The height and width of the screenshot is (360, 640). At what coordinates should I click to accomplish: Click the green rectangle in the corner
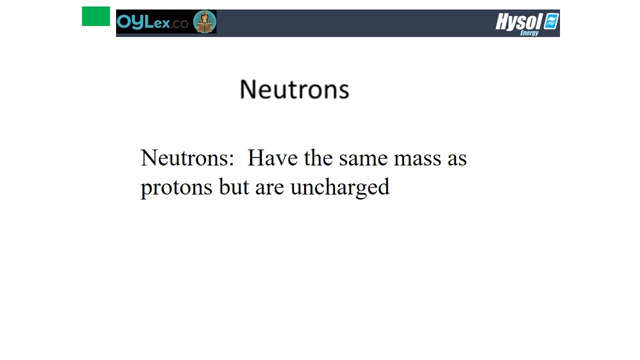click(x=96, y=16)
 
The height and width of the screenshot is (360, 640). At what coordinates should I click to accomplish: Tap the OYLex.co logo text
click(x=152, y=21)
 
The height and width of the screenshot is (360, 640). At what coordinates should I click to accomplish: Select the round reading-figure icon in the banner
click(x=204, y=21)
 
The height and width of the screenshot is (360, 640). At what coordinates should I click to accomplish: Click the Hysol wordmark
click(x=518, y=21)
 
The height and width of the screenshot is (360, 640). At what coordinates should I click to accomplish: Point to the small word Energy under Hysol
click(x=529, y=33)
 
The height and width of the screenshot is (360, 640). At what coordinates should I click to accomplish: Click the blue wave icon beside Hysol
click(x=551, y=21)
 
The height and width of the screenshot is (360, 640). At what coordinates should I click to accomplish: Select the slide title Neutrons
click(x=294, y=89)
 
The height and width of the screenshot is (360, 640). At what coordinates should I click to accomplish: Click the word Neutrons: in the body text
click(x=187, y=157)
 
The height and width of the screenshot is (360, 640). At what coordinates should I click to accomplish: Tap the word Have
click(x=272, y=157)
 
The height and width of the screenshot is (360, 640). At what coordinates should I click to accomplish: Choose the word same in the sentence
click(x=363, y=159)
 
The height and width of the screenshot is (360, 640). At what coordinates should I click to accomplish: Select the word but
click(x=234, y=186)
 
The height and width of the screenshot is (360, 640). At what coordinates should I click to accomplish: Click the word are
click(x=269, y=188)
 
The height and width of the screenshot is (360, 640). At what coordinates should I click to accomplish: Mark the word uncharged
click(x=340, y=187)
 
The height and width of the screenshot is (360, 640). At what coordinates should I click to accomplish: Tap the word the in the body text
click(x=318, y=157)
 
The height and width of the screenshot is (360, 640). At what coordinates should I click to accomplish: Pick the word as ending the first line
click(x=457, y=159)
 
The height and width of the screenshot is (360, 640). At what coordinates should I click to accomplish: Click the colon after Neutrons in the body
click(x=231, y=160)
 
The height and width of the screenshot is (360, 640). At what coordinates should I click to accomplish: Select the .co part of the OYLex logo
click(x=179, y=24)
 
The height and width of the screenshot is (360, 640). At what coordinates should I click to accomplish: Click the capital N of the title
click(x=247, y=89)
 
